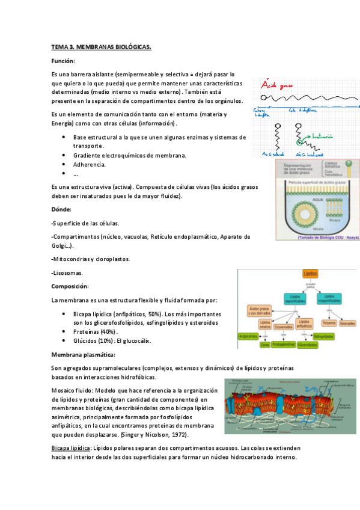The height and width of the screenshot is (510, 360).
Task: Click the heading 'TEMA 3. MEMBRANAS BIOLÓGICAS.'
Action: coord(101,46)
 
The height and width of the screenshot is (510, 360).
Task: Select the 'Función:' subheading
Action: coord(63,61)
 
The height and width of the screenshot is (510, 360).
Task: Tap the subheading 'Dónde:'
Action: coord(61,209)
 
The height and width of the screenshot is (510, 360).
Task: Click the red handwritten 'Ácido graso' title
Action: coord(277,86)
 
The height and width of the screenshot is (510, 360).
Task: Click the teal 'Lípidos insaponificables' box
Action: coord(328,297)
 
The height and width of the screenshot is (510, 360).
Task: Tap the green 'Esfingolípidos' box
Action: coord(325,337)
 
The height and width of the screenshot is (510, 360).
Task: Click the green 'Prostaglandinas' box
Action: coord(282,345)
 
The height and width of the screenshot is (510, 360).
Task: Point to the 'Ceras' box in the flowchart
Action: coord(264,345)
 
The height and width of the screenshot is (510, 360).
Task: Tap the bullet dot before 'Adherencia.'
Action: coord(64,163)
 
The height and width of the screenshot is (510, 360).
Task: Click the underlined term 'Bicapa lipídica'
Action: coord(70,448)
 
